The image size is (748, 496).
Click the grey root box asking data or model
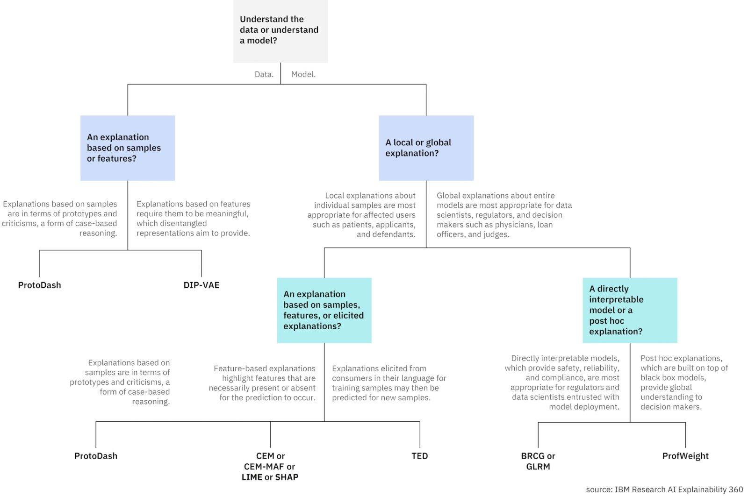tap(280, 31)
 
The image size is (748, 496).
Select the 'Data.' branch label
tap(264, 74)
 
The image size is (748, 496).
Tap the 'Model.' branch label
tap(303, 74)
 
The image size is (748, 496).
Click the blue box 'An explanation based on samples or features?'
tap(127, 148)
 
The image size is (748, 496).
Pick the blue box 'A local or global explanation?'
tap(425, 148)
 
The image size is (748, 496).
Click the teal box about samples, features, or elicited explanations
tap(324, 310)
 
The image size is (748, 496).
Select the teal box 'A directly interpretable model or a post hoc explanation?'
tap(629, 310)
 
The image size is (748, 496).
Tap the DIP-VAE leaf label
tap(201, 285)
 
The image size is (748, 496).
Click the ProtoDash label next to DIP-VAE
tap(39, 285)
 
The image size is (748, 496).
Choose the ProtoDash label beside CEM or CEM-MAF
tap(95, 456)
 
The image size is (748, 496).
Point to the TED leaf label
tap(419, 456)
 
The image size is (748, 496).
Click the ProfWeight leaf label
tap(685, 456)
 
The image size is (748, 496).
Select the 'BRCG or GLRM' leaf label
tap(538, 461)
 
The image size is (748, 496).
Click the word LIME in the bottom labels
tap(252, 477)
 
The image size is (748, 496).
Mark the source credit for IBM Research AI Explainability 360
tap(664, 489)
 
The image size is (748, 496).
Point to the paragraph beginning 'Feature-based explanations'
tap(263, 383)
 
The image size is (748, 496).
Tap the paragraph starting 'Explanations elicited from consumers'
tap(388, 383)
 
